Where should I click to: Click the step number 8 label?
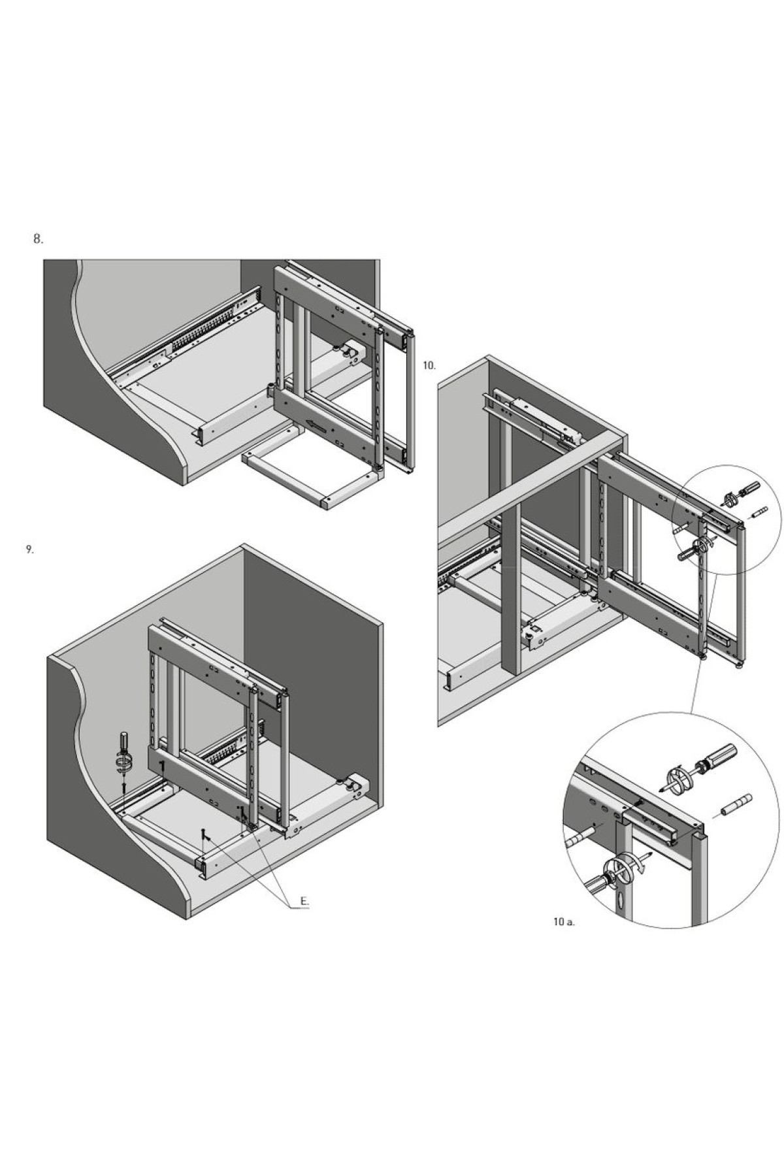coord(39,239)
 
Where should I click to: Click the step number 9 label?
coord(30,550)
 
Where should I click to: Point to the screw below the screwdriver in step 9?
coord(123,789)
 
